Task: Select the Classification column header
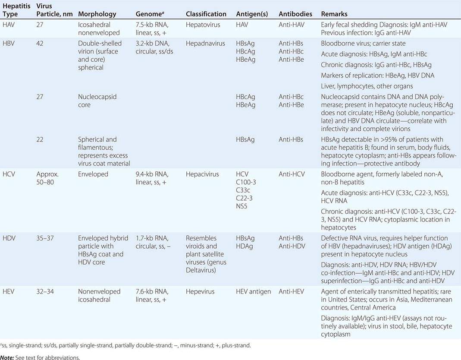point(206,14)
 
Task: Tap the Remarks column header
point(334,14)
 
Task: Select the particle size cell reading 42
point(41,44)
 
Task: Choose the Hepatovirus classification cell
point(204,25)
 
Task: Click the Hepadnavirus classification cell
point(205,44)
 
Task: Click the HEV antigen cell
point(254,291)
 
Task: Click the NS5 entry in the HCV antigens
point(242,206)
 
